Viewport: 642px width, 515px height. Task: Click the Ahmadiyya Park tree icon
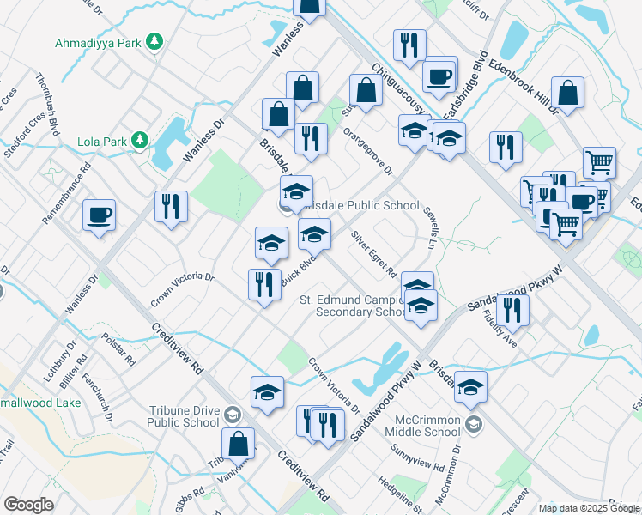pyautogui.click(x=154, y=42)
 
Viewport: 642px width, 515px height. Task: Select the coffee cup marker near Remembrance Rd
pyautogui.click(x=99, y=215)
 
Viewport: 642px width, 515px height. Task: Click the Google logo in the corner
pyautogui.click(x=27, y=505)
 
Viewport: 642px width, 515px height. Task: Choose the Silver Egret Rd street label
pyautogui.click(x=373, y=255)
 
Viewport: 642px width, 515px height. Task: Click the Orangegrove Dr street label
pyautogui.click(x=367, y=151)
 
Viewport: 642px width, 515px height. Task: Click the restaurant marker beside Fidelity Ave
pyautogui.click(x=512, y=310)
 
